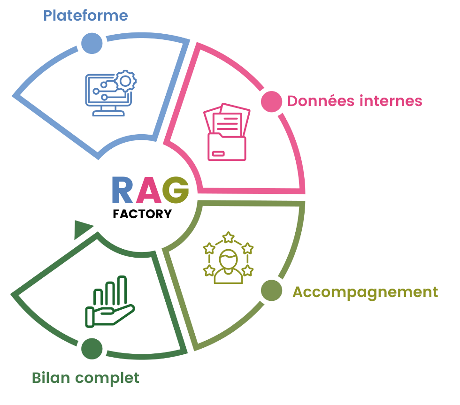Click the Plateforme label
click(x=85, y=15)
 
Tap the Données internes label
click(x=354, y=101)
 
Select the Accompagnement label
click(x=365, y=292)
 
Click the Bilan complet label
click(x=86, y=378)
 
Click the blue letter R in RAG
click(x=123, y=190)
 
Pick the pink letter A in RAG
click(x=149, y=190)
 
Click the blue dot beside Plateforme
click(x=92, y=44)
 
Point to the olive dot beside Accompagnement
click(x=271, y=290)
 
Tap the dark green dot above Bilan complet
click(x=92, y=349)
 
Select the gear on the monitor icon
click(x=125, y=81)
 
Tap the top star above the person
click(x=229, y=237)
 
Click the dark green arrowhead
click(x=83, y=228)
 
